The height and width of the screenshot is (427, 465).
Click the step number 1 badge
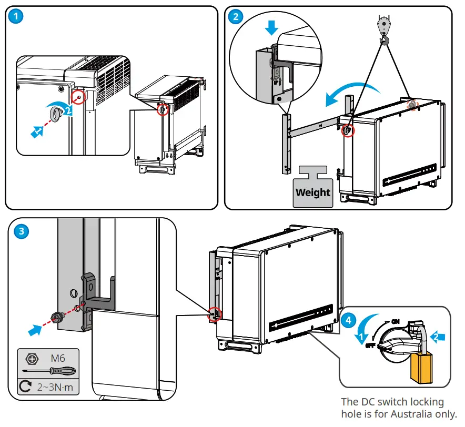coord(17,16)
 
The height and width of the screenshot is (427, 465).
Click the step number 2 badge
coord(235,16)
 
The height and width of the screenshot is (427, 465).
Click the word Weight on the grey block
coord(313,192)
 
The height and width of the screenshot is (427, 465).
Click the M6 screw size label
coord(58,359)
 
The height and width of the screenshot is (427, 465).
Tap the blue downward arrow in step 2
coord(271,28)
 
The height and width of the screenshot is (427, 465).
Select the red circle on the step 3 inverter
coord(215,314)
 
